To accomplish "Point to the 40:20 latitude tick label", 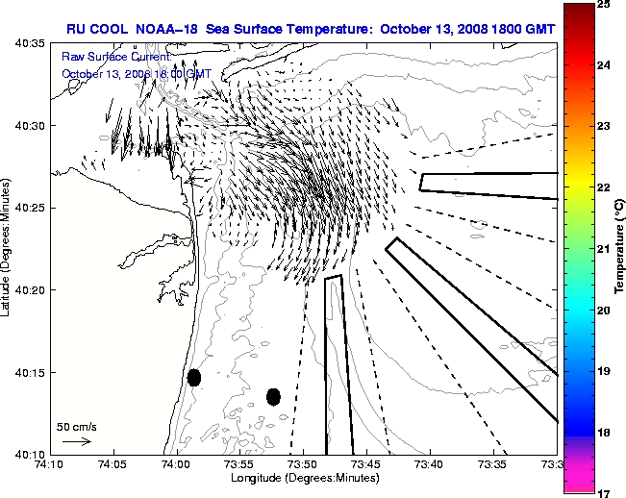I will [x=31, y=289].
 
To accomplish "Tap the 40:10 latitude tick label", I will [x=31, y=453].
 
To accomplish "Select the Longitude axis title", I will [x=303, y=478].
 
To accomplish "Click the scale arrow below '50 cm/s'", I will [x=77, y=441].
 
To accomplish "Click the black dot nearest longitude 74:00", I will [x=194, y=377].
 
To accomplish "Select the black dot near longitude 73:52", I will [x=273, y=396].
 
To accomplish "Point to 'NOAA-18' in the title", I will [x=171, y=28].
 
